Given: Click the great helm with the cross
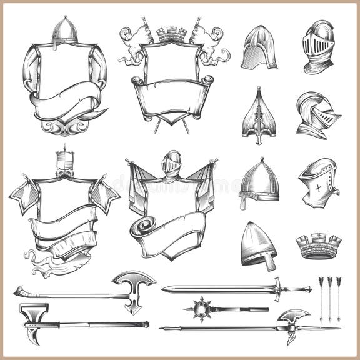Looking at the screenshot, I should (x=319, y=182).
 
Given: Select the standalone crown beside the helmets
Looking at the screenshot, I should (x=318, y=246).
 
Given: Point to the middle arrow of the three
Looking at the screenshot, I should (x=329, y=299).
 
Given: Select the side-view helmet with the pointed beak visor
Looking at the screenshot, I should (x=317, y=114).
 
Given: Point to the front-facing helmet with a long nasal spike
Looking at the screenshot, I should (x=258, y=116).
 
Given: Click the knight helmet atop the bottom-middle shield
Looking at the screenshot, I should (x=171, y=163).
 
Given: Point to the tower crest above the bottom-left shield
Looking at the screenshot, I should (x=64, y=163).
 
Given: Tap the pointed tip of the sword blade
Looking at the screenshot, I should (x=164, y=290).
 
